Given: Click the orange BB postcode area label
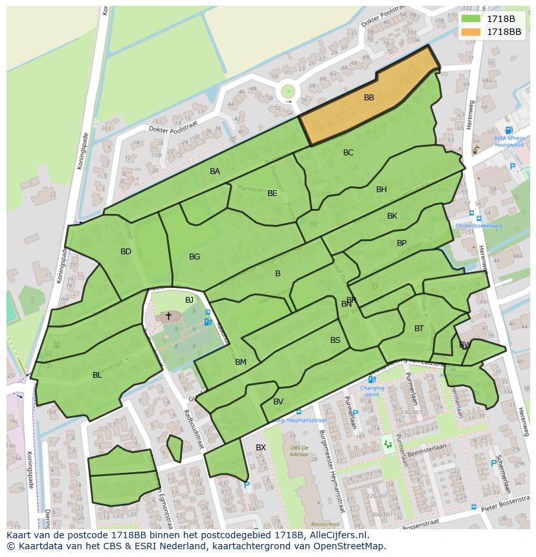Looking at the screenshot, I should pyautogui.click(x=368, y=98).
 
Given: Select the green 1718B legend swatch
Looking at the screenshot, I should pyautogui.click(x=471, y=19).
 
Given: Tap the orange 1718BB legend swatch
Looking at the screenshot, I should pyautogui.click(x=471, y=32).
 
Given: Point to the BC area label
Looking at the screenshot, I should pyautogui.click(x=348, y=153).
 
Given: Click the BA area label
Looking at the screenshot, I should pyautogui.click(x=215, y=171).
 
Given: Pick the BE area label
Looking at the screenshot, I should pyautogui.click(x=273, y=193).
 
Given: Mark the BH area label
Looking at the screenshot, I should pyautogui.click(x=381, y=190).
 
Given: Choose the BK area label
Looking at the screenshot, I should pyautogui.click(x=392, y=216).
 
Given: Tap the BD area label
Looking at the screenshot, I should pyautogui.click(x=126, y=252).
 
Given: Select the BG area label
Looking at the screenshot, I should pyautogui.click(x=194, y=257).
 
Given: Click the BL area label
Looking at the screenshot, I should pyautogui.click(x=97, y=375).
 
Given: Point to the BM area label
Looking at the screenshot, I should pyautogui.click(x=241, y=362).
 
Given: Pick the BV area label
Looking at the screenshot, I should pyautogui.click(x=278, y=402).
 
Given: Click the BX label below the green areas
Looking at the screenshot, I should pyautogui.click(x=261, y=448).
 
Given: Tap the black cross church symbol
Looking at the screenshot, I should pyautogui.click(x=169, y=316).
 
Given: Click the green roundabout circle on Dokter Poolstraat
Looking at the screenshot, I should pyautogui.click(x=288, y=92).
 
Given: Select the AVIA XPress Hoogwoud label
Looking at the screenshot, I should pyautogui.click(x=509, y=142).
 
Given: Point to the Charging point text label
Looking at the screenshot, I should pyautogui.click(x=372, y=391).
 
